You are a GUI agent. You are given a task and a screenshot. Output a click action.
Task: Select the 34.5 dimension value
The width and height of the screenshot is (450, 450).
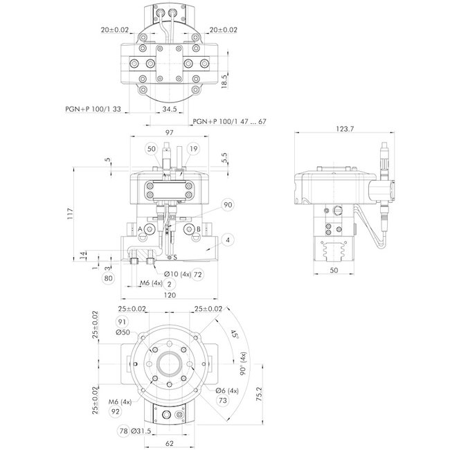click(170, 109)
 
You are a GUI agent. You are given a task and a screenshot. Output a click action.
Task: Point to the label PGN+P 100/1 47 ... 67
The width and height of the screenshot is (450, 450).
click(229, 121)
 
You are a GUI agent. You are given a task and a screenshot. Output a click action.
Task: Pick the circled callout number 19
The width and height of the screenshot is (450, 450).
click(192, 149)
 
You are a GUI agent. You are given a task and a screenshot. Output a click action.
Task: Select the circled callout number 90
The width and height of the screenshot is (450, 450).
click(228, 205)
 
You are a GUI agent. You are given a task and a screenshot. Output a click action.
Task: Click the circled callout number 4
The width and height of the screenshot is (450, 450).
click(226, 240)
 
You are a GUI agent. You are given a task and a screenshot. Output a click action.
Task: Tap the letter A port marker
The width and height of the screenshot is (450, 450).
click(141, 229)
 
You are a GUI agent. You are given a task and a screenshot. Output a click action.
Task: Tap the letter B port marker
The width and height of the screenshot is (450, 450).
click(199, 229)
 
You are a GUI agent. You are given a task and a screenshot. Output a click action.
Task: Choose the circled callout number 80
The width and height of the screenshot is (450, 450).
click(108, 279)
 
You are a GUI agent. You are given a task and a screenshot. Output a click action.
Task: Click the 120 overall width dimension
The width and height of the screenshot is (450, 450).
click(170, 295)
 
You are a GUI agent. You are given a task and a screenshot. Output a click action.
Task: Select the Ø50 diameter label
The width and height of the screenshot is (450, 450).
click(124, 332)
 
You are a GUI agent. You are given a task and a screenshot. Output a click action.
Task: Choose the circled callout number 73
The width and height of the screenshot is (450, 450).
click(223, 401)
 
